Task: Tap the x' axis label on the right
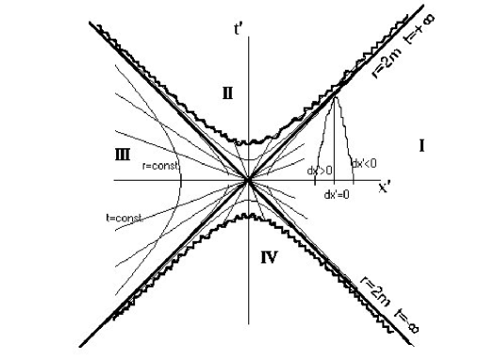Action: coord(385,187)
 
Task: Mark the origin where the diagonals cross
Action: coord(248,178)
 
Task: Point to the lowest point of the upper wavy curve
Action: coord(248,143)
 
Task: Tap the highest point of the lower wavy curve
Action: coord(248,215)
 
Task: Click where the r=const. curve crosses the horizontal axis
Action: coord(177,178)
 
